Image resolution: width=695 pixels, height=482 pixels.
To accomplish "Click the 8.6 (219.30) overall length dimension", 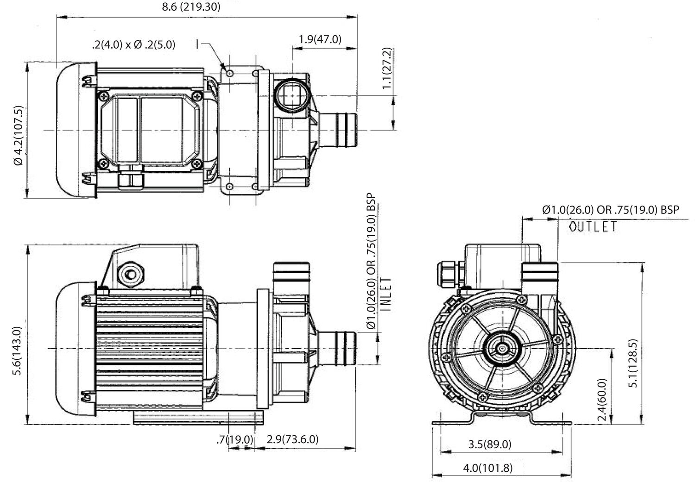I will click(x=190, y=6).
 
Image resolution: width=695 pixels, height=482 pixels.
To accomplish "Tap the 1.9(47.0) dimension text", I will click(x=320, y=39).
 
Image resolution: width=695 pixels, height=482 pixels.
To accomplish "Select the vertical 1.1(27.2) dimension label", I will click(x=387, y=68).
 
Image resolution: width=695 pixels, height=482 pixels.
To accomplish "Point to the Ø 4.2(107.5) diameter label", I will click(x=18, y=136).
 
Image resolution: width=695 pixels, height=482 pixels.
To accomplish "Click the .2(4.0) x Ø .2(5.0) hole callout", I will click(x=133, y=44).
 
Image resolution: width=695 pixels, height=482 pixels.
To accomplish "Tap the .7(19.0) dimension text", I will click(x=235, y=439).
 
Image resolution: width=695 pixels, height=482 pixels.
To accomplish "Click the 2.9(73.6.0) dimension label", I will click(x=292, y=439).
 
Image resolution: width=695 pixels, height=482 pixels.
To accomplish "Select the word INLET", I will click(x=386, y=294).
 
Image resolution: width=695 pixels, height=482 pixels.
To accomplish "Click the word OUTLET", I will click(x=593, y=227).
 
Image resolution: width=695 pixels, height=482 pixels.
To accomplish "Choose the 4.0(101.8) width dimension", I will click(x=488, y=468).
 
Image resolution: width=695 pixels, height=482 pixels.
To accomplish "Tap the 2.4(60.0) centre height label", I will click(x=602, y=400).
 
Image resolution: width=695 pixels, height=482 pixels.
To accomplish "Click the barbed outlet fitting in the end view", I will click(x=539, y=273).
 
